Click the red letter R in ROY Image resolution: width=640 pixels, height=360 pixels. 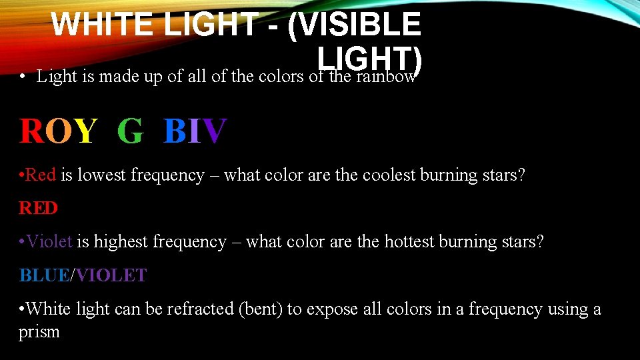pos(31,131)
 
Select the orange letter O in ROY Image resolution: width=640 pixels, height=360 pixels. pos(58,131)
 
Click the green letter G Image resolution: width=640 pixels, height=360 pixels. pos(130,131)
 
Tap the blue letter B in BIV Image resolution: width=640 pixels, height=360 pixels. pos(175,131)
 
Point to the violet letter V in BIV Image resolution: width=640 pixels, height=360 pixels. pos(215,131)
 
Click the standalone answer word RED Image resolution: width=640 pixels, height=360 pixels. pos(38,208)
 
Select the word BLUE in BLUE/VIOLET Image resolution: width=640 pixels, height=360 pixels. pos(44,275)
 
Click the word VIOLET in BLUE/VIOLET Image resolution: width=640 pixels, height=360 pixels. pos(111,275)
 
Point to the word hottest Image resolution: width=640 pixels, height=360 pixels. pos(409,241)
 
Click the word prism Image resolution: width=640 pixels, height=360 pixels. pos(39,331)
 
